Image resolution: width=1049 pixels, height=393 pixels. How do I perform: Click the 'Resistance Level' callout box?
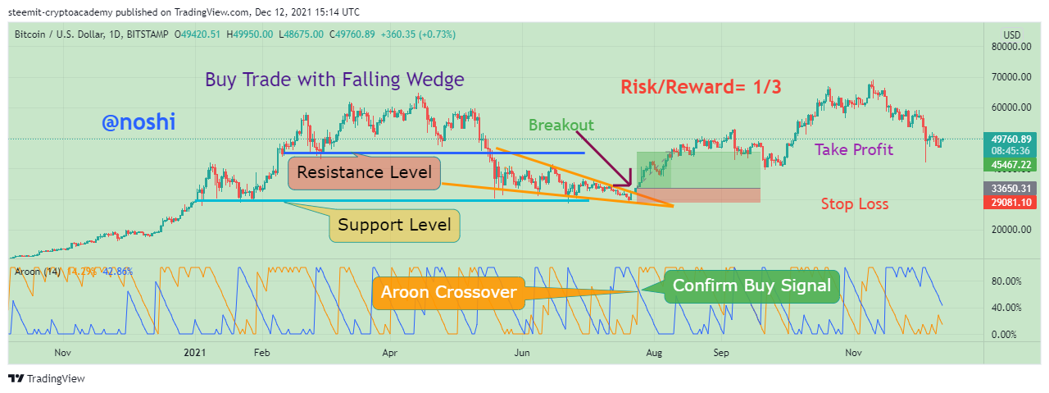364,173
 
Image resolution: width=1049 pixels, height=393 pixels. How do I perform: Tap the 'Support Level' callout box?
395,225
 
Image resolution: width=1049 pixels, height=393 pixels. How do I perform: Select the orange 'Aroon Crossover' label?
447,292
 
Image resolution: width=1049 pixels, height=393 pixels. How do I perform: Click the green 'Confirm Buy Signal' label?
752,286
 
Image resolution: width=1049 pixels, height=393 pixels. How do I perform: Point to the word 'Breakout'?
561,125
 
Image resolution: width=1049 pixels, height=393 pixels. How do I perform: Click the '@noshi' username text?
139,122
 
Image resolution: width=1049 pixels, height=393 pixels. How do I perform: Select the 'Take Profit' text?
853,149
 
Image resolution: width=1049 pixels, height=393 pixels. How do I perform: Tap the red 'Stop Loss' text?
854,203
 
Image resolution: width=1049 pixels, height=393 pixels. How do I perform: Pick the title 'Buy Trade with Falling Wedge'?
334,80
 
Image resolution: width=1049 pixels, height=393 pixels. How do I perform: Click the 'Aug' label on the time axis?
653,353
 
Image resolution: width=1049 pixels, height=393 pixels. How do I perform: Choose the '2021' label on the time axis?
194,353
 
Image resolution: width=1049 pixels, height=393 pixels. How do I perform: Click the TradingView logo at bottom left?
47,378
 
